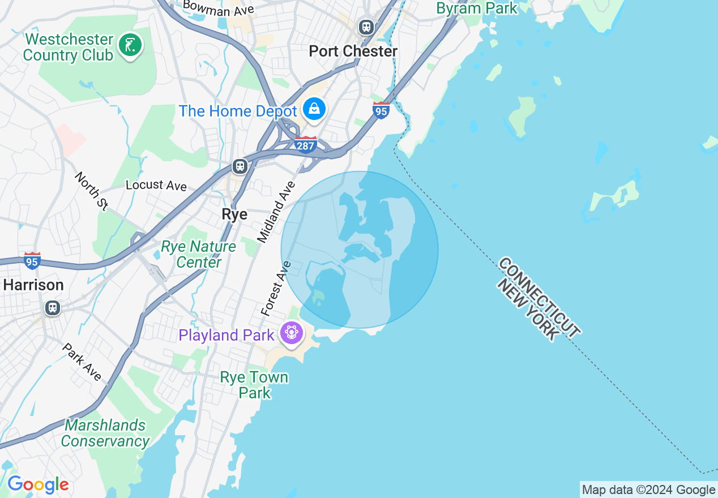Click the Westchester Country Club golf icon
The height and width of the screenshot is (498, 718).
[x=130, y=46]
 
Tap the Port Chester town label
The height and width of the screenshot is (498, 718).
[x=353, y=51]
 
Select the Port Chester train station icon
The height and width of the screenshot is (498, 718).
[x=366, y=27]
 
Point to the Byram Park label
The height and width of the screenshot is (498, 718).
[x=477, y=8]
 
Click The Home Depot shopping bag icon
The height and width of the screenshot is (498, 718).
[x=314, y=109]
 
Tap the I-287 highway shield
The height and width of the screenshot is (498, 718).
[x=305, y=145]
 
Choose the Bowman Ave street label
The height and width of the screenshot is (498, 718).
[x=218, y=8]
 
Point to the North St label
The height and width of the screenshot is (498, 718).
[x=91, y=191]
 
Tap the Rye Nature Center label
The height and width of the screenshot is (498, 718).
[x=198, y=255]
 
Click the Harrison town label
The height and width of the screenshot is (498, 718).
[x=33, y=285]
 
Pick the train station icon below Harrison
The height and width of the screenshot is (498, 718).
[x=53, y=308]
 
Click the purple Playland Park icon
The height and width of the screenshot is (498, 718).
[x=292, y=332]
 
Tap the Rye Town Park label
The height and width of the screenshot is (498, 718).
[x=254, y=385]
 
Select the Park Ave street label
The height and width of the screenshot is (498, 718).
[x=82, y=362]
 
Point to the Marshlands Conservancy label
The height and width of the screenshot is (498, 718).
[x=105, y=433]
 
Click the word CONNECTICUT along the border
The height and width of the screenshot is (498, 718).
[x=539, y=297]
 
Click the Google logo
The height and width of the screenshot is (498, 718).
[x=38, y=485]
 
